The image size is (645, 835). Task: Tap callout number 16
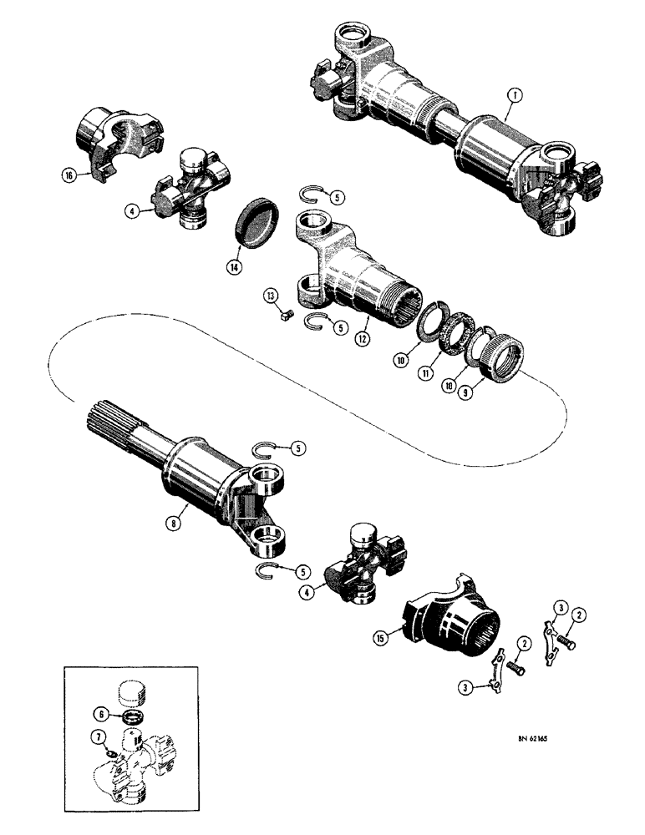tap(67, 175)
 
